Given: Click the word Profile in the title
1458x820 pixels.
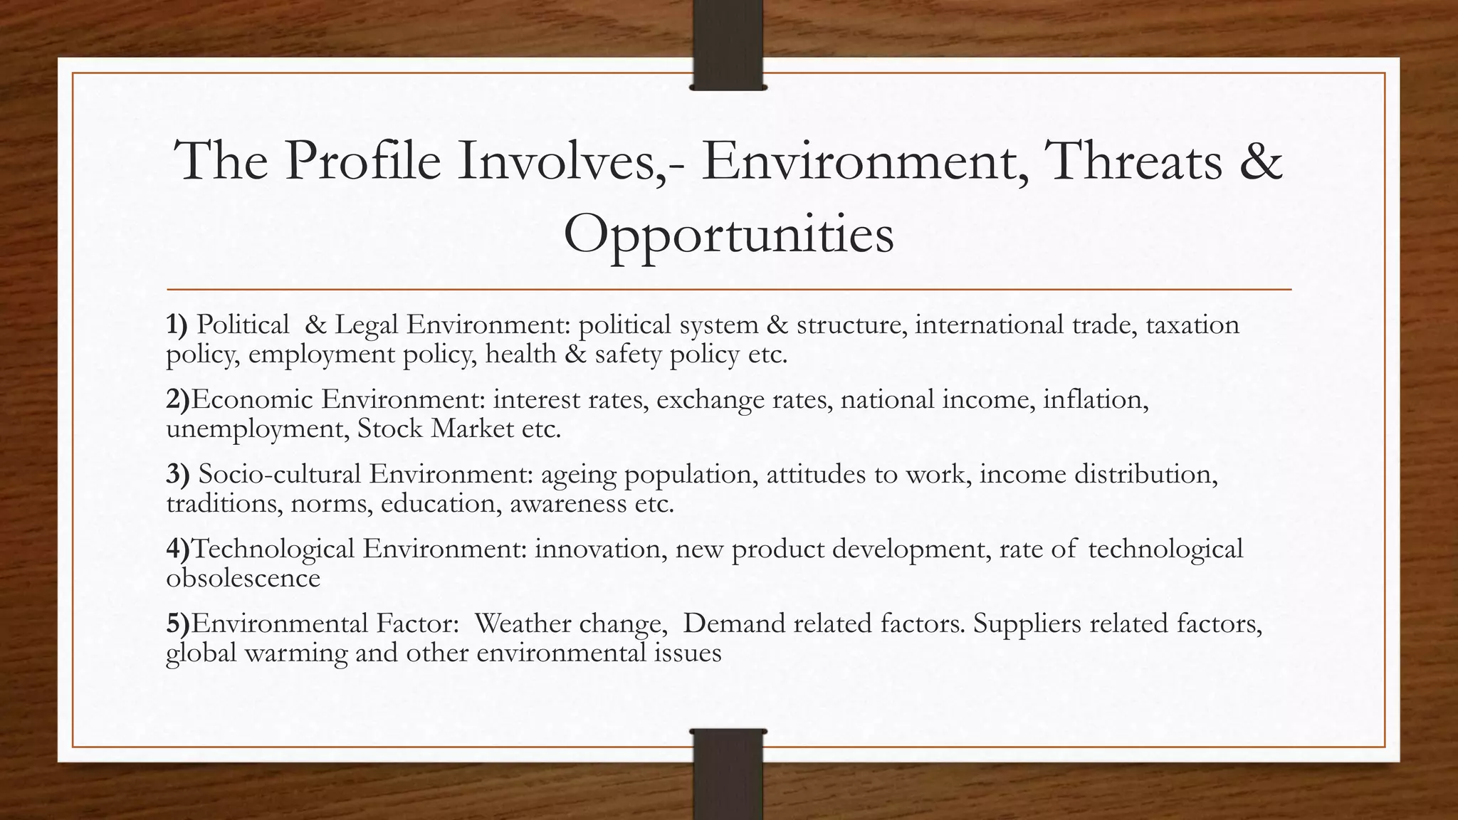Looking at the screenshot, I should tap(363, 161).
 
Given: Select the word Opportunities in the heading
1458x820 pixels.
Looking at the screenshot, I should tap(728, 235).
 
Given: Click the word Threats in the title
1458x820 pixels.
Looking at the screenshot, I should tap(1132, 161).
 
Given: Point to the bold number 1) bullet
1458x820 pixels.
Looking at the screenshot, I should tap(177, 325).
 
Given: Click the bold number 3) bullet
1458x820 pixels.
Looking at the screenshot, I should tap(177, 474).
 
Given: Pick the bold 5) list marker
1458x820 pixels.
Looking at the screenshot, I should tap(178, 624).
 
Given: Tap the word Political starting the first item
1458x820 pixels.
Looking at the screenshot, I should tap(243, 325).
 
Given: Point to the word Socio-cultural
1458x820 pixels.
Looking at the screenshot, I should tap(280, 474).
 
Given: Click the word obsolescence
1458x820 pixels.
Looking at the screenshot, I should tap(243, 578).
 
